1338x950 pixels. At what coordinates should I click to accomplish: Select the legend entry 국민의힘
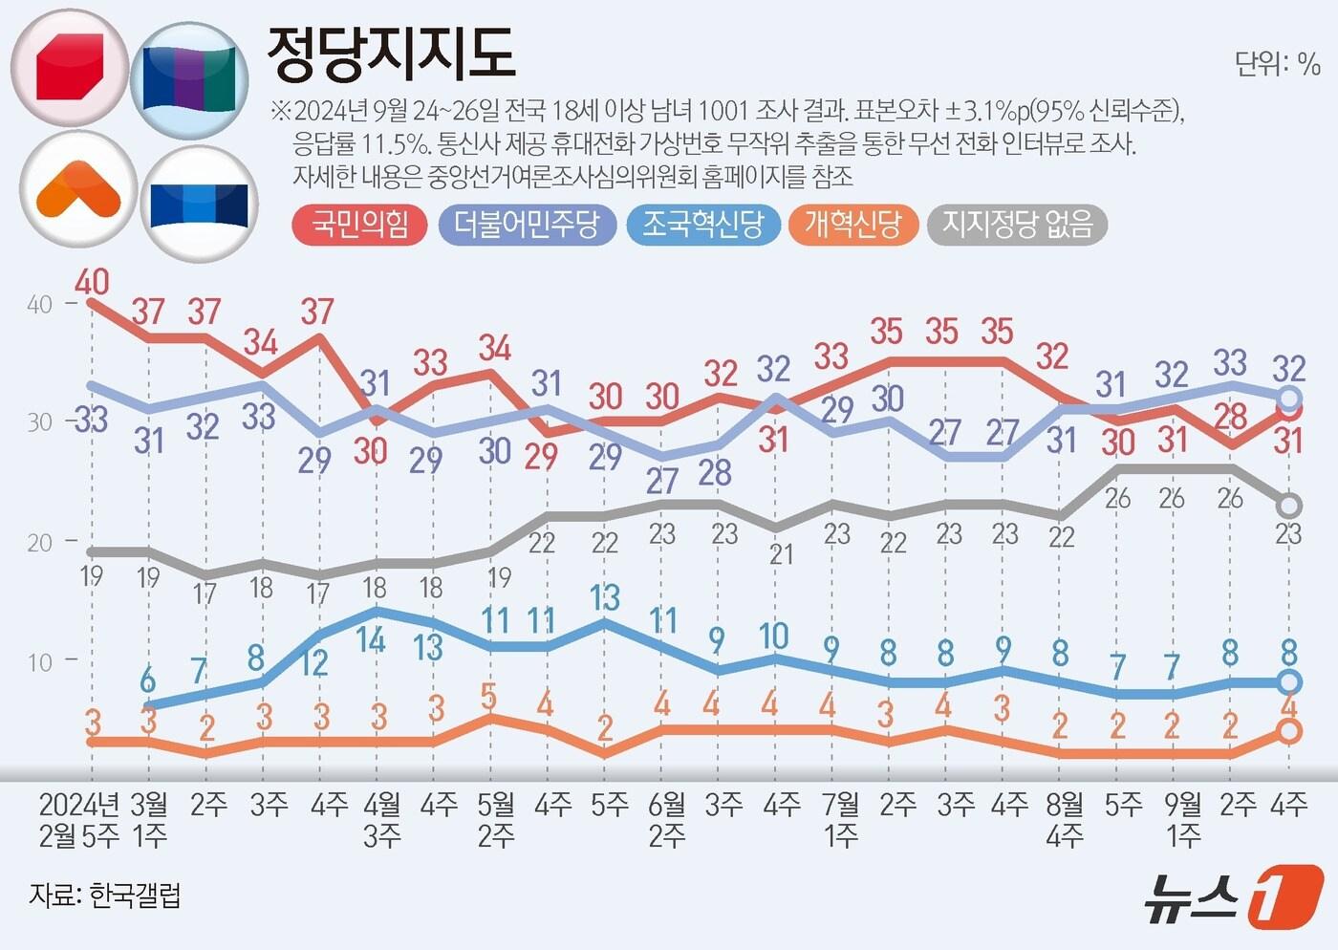click(359, 225)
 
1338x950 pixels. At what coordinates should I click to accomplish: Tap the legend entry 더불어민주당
click(527, 225)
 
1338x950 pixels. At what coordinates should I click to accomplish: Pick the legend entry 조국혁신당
click(702, 225)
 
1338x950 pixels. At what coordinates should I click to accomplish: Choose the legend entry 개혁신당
click(852, 225)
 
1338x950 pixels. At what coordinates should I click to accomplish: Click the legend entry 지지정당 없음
click(1017, 225)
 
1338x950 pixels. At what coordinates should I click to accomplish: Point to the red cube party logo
click(69, 67)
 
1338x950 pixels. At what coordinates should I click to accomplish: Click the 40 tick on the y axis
click(39, 304)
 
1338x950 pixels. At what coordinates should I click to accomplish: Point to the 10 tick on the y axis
click(39, 661)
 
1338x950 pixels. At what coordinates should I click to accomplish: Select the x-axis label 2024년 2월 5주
click(78, 819)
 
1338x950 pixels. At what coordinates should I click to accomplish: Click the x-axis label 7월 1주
click(841, 819)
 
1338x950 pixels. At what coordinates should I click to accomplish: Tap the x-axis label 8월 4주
click(1064, 819)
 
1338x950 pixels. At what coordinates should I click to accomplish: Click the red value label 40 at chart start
click(92, 281)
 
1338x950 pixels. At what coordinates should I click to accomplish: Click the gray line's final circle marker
click(1289, 505)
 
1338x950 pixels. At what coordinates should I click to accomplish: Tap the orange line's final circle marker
click(1289, 731)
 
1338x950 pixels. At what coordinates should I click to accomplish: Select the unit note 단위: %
click(1277, 64)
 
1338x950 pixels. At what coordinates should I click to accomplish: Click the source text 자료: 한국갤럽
click(104, 896)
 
